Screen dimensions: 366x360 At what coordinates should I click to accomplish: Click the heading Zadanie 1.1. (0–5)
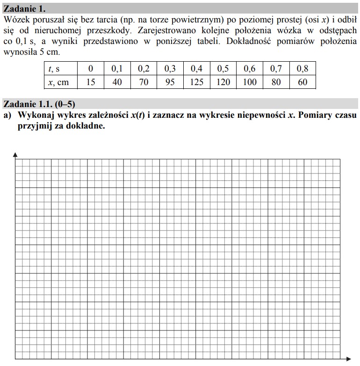pyautogui.click(x=39, y=104)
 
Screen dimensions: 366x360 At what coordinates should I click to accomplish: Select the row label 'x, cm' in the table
pyautogui.click(x=58, y=82)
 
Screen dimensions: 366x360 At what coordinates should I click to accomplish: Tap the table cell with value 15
pyautogui.click(x=91, y=82)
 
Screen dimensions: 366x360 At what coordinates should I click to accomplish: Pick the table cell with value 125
pyautogui.click(x=197, y=82)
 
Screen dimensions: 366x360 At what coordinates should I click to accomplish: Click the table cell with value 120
pyautogui.click(x=223, y=82)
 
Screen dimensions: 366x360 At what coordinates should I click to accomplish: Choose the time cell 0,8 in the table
pyautogui.click(x=302, y=69)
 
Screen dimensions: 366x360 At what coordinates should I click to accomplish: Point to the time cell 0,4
pyautogui.click(x=197, y=69)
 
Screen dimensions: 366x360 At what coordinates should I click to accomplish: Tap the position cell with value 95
pyautogui.click(x=170, y=82)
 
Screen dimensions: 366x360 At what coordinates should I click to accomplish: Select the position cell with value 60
pyautogui.click(x=302, y=82)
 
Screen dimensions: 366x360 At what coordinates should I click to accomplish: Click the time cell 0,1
pyautogui.click(x=117, y=69)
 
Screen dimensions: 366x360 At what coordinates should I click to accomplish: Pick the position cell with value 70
pyautogui.click(x=144, y=82)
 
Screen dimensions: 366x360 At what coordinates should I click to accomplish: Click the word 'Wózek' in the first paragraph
pyautogui.click(x=15, y=21)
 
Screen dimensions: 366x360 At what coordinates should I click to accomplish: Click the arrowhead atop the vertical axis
pyautogui.click(x=15, y=155)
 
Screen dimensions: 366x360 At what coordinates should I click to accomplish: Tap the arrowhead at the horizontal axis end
pyautogui.click(x=351, y=360)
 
